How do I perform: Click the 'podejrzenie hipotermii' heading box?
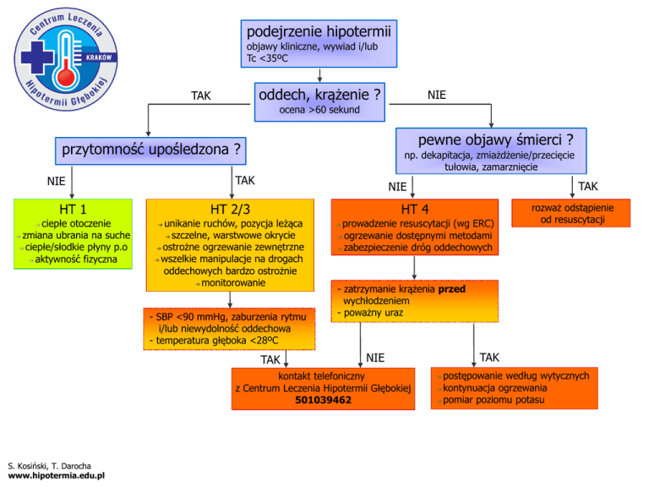point(317,31)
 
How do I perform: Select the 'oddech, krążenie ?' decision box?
point(317,95)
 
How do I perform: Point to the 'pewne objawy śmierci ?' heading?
point(490,139)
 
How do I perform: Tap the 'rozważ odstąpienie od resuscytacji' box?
point(573,214)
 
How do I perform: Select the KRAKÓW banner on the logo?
point(98,57)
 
